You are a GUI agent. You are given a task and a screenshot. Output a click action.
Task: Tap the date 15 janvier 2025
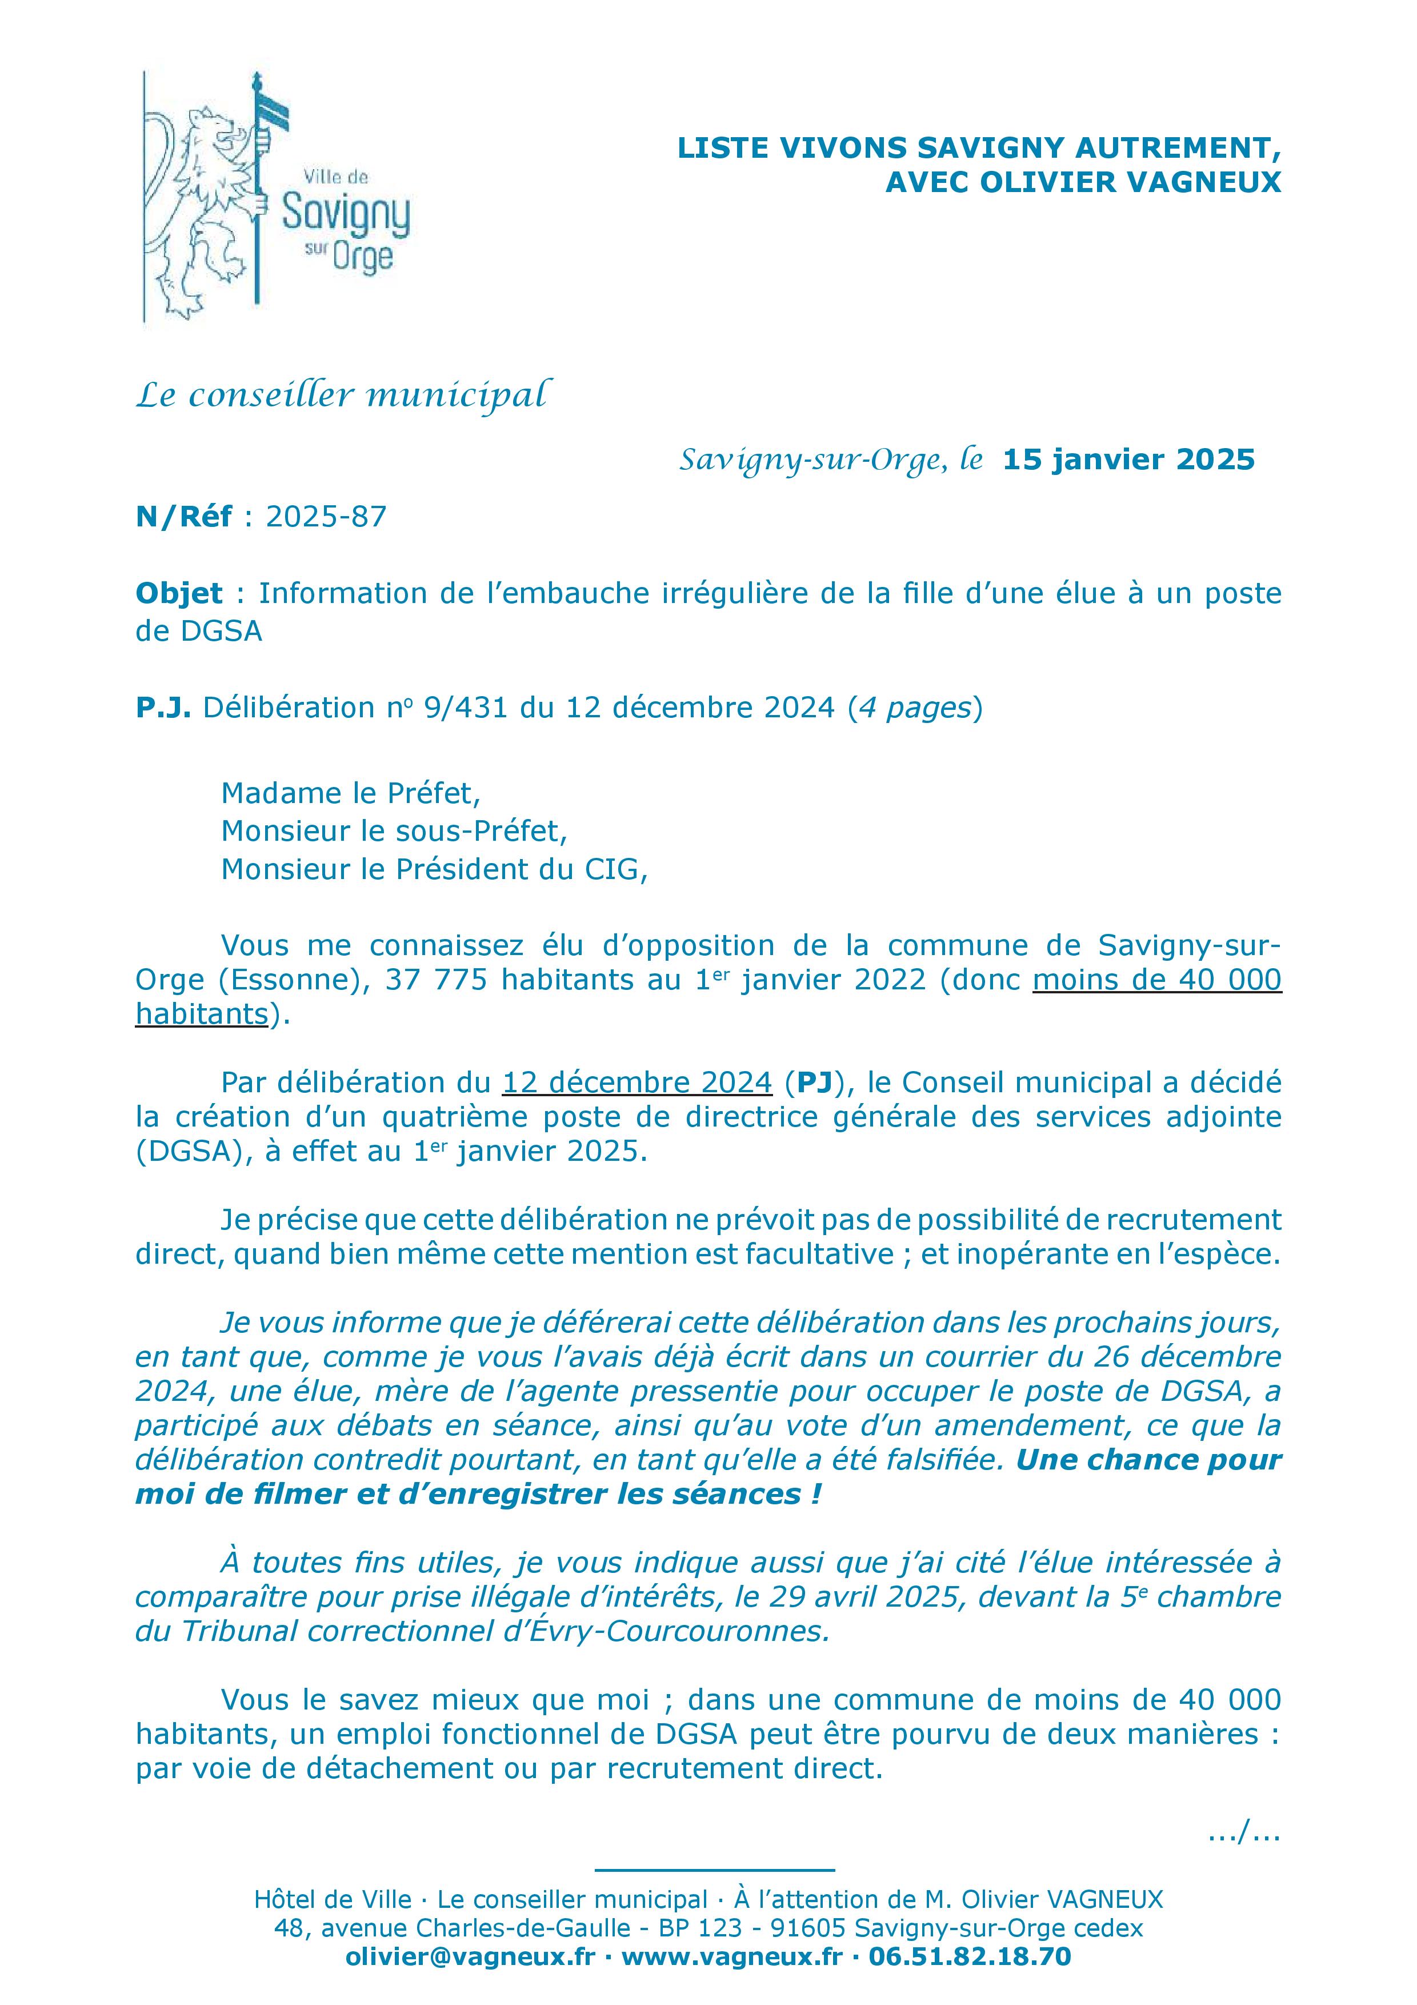coord(1128,460)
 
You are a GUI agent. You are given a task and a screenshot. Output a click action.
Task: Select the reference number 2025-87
coord(326,517)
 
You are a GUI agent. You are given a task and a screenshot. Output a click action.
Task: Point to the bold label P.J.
coord(162,708)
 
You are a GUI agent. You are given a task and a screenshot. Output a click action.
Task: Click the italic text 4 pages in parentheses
coord(914,708)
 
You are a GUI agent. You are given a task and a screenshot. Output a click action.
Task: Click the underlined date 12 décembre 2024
coord(637,1083)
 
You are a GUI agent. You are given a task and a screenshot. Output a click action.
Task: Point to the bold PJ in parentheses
coord(814,1083)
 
